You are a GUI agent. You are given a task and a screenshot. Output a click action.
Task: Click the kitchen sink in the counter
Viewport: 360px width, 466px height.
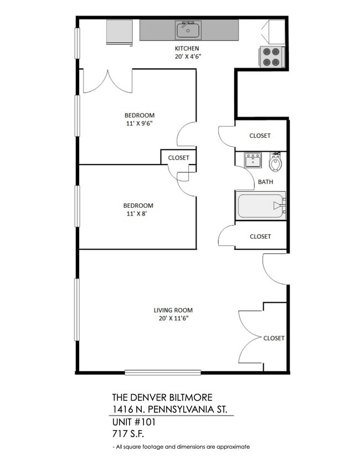click(x=188, y=29)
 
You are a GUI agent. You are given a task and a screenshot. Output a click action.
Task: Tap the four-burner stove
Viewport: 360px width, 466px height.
click(x=271, y=57)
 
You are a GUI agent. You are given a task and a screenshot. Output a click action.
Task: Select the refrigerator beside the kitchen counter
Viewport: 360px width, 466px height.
click(x=120, y=31)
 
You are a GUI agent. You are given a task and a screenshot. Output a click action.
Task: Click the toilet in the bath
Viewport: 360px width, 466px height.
click(x=276, y=162)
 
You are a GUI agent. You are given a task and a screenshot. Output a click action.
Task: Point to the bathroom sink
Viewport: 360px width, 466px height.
click(x=253, y=161)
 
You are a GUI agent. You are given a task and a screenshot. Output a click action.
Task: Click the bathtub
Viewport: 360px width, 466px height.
click(x=261, y=206)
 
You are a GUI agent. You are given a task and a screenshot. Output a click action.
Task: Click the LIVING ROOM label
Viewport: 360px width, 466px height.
click(x=173, y=310)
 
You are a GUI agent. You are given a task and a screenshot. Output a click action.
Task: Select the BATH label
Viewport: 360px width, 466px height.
click(x=265, y=182)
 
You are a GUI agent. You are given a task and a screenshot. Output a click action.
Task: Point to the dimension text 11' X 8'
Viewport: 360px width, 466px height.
click(x=138, y=214)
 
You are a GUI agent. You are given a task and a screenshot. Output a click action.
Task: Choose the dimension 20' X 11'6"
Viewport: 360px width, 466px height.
click(x=173, y=319)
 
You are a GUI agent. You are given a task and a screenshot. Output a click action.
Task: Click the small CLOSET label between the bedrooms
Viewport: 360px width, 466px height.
click(x=178, y=158)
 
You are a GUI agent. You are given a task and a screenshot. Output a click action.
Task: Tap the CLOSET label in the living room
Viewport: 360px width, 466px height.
click(x=274, y=338)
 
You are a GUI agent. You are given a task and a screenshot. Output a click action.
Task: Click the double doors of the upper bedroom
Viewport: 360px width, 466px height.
click(x=108, y=81)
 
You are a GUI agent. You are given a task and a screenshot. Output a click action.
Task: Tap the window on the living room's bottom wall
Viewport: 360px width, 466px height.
click(x=163, y=372)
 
